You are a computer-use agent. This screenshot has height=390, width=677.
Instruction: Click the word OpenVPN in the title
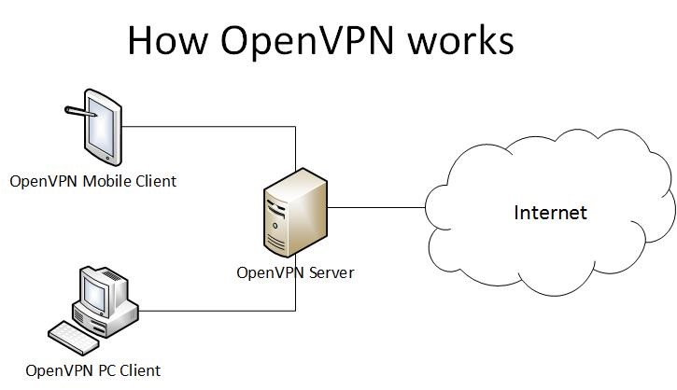point(295,42)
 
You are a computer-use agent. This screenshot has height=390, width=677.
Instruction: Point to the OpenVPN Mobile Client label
point(92,181)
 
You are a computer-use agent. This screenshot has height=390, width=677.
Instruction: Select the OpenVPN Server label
point(295,272)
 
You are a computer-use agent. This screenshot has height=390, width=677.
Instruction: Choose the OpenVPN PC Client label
point(93,370)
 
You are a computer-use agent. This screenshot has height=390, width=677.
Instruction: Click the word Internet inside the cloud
point(551,212)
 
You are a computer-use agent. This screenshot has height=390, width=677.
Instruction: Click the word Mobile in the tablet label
point(106,181)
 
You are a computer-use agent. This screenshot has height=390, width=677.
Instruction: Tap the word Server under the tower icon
point(331,272)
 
